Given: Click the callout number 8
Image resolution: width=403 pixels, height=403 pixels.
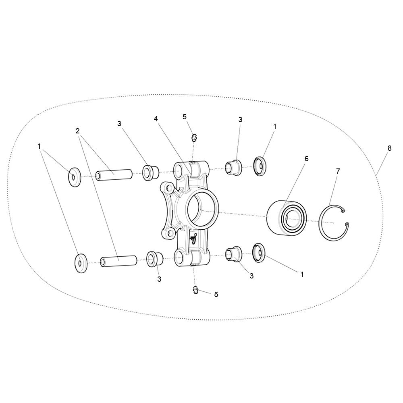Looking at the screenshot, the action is (389, 148).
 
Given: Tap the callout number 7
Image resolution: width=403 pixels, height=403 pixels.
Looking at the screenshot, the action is (338, 171).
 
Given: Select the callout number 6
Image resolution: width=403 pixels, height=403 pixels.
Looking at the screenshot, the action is (306, 159).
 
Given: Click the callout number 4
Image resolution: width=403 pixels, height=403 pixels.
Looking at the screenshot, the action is (156, 119).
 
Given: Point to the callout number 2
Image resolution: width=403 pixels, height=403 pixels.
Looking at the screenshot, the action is (78, 131).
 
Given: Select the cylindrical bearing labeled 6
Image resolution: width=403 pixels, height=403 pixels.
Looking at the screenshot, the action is (287, 218).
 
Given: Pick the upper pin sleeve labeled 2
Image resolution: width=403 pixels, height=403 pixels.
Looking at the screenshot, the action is (114, 174).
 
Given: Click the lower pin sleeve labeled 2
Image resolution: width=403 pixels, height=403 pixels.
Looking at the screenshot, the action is (119, 261).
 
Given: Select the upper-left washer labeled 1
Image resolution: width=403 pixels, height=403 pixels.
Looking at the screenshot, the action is (74, 177).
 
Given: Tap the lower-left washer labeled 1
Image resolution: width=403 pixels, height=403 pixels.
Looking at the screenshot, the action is (81, 263).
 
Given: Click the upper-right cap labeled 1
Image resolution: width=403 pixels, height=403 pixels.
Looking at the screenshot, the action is (260, 166).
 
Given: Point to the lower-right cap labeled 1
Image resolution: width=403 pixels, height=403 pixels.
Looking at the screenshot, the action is (259, 253).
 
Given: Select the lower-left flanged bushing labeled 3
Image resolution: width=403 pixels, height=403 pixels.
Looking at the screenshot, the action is (155, 259).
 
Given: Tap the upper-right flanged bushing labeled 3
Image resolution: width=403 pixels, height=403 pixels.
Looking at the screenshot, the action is (233, 167).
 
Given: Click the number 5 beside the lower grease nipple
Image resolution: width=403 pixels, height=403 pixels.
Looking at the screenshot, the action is (216, 295).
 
